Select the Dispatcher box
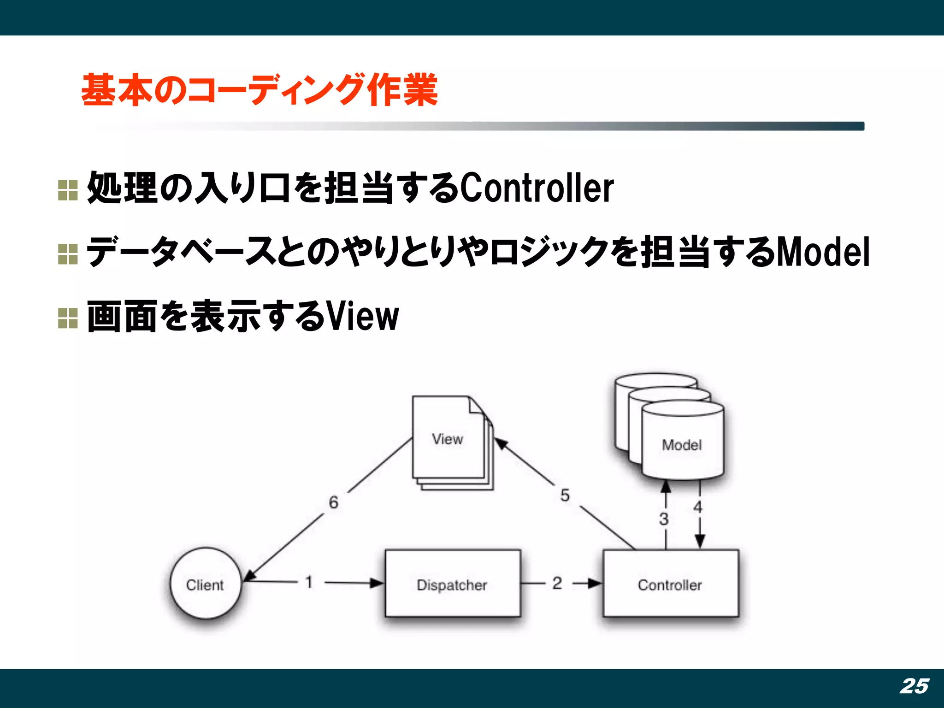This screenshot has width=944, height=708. (x=452, y=584)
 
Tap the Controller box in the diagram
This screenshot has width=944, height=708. (x=670, y=584)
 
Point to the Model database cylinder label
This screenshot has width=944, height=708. (x=682, y=445)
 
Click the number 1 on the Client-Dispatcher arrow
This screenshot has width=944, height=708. (x=309, y=582)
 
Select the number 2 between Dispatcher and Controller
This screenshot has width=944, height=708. (x=557, y=583)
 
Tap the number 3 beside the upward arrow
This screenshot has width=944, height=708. (x=664, y=519)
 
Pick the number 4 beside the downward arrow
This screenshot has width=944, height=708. (x=698, y=507)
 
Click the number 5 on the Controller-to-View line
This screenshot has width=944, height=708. (x=565, y=496)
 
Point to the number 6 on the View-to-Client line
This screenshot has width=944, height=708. (x=334, y=502)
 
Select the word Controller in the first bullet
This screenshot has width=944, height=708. (x=537, y=189)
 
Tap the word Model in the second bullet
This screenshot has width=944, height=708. (x=823, y=252)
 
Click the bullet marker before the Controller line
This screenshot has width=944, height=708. (x=68, y=190)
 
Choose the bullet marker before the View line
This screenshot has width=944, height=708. (x=68, y=318)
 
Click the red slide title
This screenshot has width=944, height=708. (x=260, y=90)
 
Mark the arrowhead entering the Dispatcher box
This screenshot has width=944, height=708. (x=377, y=583)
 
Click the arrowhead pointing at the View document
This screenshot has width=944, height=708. (x=501, y=444)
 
